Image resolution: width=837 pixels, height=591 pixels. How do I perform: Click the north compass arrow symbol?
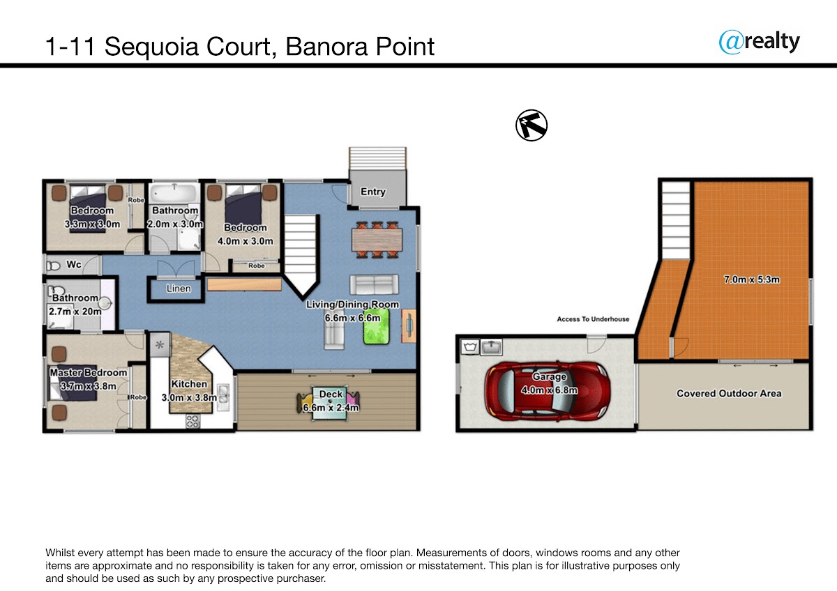tap(531, 125)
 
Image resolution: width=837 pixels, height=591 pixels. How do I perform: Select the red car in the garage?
tap(548, 391)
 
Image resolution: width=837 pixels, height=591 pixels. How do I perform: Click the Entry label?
tap(373, 192)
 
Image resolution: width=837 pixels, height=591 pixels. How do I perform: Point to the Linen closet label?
tap(179, 289)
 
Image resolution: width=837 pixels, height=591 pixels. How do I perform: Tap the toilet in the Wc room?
tap(53, 266)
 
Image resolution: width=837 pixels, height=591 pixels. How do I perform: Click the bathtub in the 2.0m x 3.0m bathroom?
tap(174, 193)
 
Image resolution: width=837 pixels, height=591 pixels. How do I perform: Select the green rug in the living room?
tap(376, 326)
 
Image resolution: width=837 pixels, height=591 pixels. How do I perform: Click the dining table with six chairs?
tap(377, 239)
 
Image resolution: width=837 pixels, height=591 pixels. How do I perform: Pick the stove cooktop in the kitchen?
tap(193, 422)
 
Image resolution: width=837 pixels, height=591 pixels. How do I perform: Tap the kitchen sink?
tap(223, 397)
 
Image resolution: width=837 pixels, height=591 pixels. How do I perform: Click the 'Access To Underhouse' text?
tap(593, 318)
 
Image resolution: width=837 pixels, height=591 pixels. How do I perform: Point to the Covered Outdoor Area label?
tap(729, 394)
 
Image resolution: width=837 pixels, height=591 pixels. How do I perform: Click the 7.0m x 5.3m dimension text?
tap(752, 279)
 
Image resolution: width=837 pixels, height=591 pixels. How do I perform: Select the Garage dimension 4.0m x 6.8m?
tap(550, 390)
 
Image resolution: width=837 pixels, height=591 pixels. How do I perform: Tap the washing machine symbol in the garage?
tap(469, 347)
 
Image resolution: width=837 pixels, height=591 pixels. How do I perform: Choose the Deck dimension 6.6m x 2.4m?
tap(331, 407)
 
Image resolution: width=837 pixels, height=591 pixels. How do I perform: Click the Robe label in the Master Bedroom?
tap(138, 397)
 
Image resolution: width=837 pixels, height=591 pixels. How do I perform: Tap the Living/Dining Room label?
tap(352, 305)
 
